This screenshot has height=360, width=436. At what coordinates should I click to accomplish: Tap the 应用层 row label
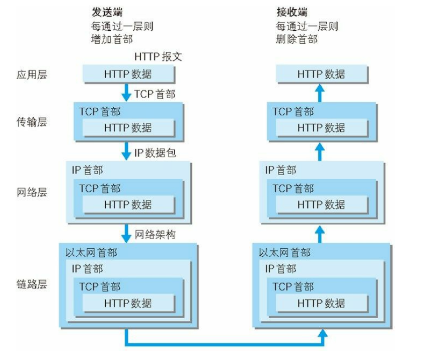tap(31, 75)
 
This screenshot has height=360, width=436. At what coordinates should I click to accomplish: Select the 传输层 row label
tap(31, 121)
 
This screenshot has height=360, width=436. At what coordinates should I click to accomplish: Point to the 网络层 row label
tap(31, 193)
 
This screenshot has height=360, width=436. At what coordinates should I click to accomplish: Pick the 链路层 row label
tap(31, 284)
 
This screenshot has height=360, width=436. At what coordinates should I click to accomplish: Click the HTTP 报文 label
tap(158, 56)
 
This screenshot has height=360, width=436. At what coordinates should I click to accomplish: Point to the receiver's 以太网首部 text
tap(284, 252)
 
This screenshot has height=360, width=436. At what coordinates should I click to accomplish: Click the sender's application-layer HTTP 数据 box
tap(128, 75)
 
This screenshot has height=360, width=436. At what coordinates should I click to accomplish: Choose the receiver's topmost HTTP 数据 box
tap(321, 75)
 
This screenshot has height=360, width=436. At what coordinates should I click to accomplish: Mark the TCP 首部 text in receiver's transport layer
tap(293, 111)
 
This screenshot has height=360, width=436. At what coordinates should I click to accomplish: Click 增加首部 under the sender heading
tap(112, 39)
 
